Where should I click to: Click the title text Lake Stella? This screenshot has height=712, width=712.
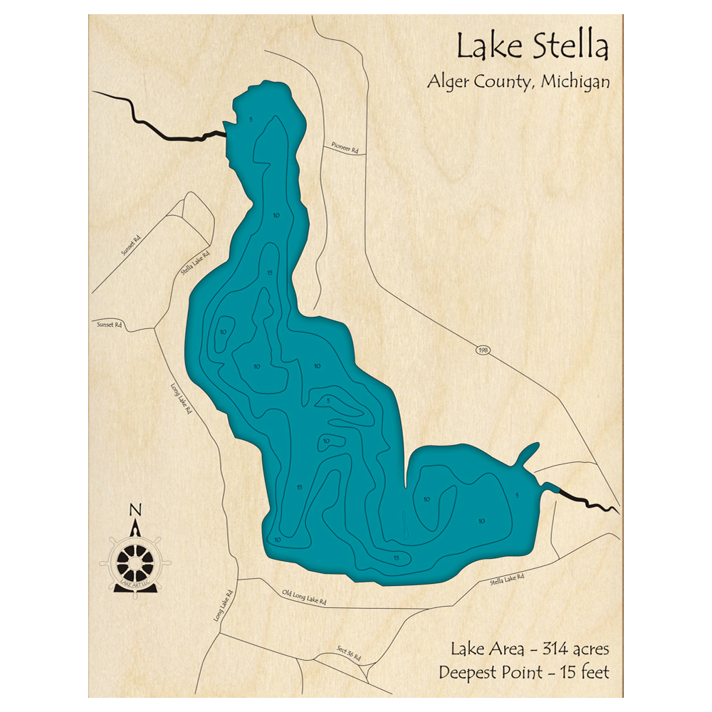(x=532, y=48)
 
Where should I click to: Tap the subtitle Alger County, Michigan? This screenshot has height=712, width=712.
(x=518, y=81)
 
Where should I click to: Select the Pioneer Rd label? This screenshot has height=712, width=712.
(x=345, y=147)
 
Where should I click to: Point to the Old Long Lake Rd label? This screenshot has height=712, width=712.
(x=304, y=596)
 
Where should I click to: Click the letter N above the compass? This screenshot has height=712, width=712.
(x=135, y=510)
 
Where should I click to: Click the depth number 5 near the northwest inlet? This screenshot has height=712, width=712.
(x=251, y=119)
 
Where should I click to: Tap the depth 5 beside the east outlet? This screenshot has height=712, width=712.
(x=517, y=495)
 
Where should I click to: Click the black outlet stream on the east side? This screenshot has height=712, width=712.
(x=584, y=498)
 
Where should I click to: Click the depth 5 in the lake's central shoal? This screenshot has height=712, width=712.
(x=328, y=401)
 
